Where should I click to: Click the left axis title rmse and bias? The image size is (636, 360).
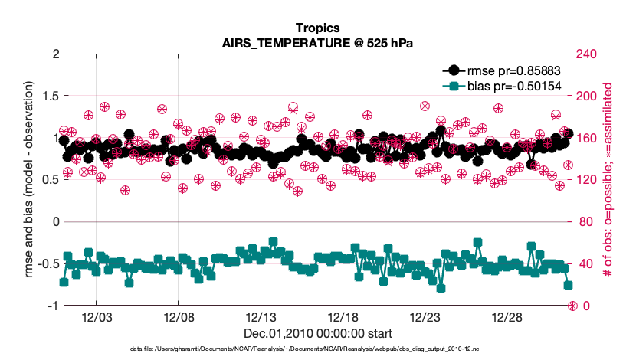click(x=28, y=180)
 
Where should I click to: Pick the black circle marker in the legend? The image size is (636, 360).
click(x=454, y=70)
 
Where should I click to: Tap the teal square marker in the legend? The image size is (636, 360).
click(x=454, y=86)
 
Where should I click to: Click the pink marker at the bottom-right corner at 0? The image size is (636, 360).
click(x=572, y=306)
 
